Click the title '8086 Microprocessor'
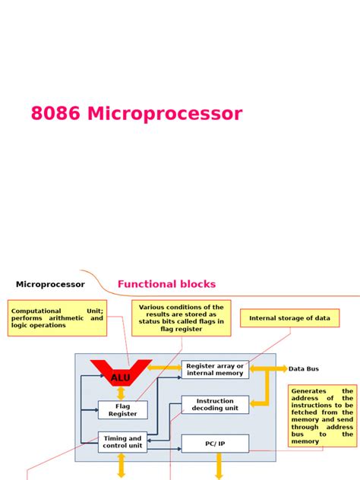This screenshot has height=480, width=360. coord(137,114)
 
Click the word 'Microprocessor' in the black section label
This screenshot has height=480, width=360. coord(50,284)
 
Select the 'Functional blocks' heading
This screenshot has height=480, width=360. coord(166,284)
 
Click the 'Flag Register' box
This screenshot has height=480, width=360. coord(122,410)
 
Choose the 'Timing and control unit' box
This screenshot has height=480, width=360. coord(122,442)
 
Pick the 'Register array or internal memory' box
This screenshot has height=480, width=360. coord(215,370)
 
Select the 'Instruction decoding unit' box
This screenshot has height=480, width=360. coord(215,405)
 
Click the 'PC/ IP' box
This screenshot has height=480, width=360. coord(215,443)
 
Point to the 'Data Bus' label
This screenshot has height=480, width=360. coord(304,369)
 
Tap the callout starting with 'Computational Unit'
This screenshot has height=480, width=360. coord(57,317)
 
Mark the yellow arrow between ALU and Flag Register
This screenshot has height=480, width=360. coord(122,393)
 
